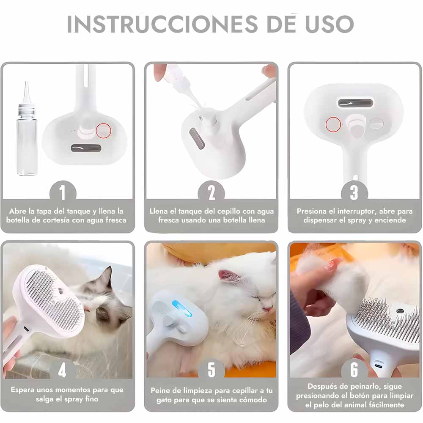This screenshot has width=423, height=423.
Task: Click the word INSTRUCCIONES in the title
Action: (x=162, y=24)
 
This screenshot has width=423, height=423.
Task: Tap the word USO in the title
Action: (x=329, y=24)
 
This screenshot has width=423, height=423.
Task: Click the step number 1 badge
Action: (x=63, y=192)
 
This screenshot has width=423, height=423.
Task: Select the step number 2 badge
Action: (x=211, y=192)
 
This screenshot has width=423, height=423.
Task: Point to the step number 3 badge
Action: (x=354, y=192)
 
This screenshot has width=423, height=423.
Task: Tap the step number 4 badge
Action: (x=62, y=370)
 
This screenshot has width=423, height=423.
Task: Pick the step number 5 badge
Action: (x=211, y=370)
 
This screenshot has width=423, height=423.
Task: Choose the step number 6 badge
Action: (x=354, y=370)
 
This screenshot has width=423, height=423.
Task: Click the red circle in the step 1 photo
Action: (x=104, y=131)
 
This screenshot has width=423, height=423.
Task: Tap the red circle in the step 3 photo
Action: (x=333, y=124)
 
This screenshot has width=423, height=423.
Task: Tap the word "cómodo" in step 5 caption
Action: (x=253, y=400)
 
